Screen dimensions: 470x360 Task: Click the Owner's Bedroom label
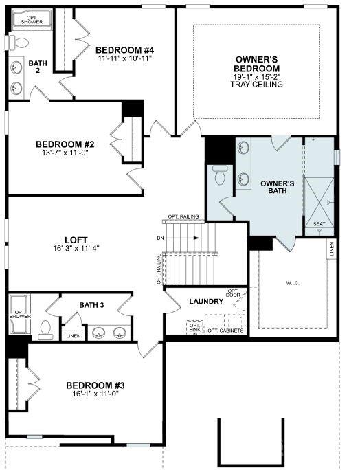click(x=256, y=65)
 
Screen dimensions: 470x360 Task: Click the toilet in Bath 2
click(x=18, y=43)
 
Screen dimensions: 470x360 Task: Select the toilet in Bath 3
click(x=46, y=330)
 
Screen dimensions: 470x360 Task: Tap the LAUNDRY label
click(x=206, y=301)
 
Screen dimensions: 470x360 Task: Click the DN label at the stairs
click(x=160, y=238)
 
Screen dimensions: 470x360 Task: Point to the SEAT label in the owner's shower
click(x=319, y=223)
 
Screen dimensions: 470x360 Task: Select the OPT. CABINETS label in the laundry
click(x=226, y=331)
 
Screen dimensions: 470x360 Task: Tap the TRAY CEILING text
click(x=256, y=85)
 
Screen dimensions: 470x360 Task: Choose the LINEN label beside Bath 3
click(x=71, y=336)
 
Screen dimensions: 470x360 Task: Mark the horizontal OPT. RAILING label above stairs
click(x=183, y=216)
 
